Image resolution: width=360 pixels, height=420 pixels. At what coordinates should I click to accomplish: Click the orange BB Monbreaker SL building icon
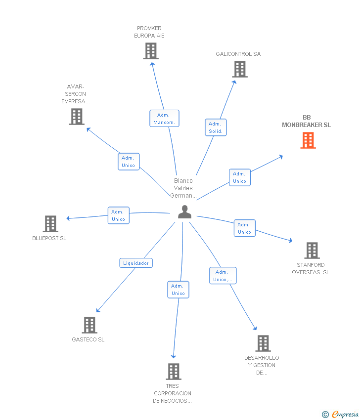(x=308, y=140)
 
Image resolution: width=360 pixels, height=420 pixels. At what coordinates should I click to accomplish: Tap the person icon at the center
(x=184, y=212)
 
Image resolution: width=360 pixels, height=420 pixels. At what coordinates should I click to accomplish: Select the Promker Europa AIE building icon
(x=151, y=51)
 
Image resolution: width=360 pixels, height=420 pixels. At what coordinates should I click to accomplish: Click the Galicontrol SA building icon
(x=240, y=69)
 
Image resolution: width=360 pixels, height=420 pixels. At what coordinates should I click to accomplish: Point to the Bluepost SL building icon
(x=50, y=224)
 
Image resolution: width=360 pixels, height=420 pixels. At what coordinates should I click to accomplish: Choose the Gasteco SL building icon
(x=90, y=325)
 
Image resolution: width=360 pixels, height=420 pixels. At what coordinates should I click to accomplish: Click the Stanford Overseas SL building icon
(x=312, y=251)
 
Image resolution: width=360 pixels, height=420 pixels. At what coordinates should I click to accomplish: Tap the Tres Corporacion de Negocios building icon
(x=173, y=372)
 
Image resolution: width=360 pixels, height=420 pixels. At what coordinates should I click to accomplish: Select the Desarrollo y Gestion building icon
(x=263, y=343)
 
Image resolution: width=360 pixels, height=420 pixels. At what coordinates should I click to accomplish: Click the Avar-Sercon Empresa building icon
(x=77, y=117)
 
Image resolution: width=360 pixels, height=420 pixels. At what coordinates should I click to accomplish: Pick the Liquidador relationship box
(x=136, y=263)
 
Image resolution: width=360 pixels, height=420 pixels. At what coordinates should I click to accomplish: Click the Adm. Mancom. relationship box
(x=164, y=119)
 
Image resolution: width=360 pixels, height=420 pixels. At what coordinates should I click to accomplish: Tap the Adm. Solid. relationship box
(x=216, y=127)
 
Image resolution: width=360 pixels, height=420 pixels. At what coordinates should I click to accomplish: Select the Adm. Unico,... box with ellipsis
(x=223, y=276)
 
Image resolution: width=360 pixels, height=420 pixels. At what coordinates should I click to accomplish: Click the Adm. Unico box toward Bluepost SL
(x=119, y=215)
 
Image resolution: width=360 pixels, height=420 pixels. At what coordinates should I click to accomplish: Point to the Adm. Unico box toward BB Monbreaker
(x=240, y=177)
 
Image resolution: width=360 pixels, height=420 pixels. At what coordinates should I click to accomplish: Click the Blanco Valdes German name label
(x=183, y=188)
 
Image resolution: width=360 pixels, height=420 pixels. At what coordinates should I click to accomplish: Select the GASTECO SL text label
(x=88, y=339)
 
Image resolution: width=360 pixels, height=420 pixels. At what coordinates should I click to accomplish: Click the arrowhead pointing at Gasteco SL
(x=98, y=311)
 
